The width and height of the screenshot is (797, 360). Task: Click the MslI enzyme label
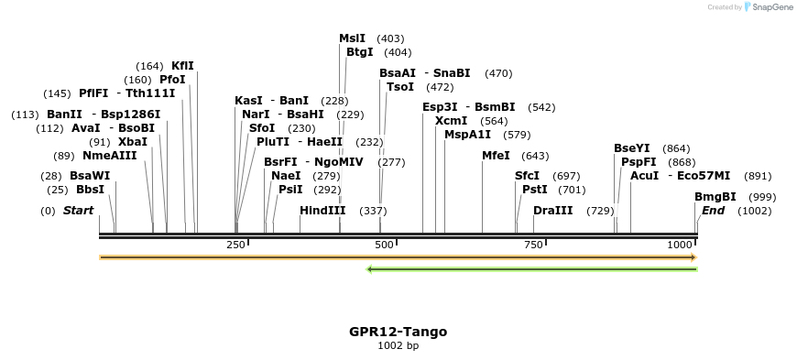[353, 38]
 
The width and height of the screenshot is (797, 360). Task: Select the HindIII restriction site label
[322, 211]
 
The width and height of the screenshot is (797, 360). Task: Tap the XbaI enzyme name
[133, 142]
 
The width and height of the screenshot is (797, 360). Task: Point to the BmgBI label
[715, 197]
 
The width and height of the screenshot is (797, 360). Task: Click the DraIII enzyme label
[552, 211]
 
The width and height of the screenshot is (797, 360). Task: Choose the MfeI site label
[496, 156]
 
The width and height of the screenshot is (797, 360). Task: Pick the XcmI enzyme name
[451, 121]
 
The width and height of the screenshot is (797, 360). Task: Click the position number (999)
[762, 197]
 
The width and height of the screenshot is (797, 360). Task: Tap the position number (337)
[373, 211]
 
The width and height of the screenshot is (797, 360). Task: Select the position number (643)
[535, 156]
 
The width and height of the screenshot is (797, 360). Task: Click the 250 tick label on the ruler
[235, 245]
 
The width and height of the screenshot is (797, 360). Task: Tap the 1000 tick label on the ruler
[680, 245]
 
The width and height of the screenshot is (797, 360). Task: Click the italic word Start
[78, 211]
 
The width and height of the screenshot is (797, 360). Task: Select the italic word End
[714, 211]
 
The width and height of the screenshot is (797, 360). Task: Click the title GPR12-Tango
[398, 332]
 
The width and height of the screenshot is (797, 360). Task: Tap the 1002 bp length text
[398, 346]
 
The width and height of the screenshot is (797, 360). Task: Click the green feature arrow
[531, 269]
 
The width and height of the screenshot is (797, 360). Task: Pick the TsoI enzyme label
[400, 87]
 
